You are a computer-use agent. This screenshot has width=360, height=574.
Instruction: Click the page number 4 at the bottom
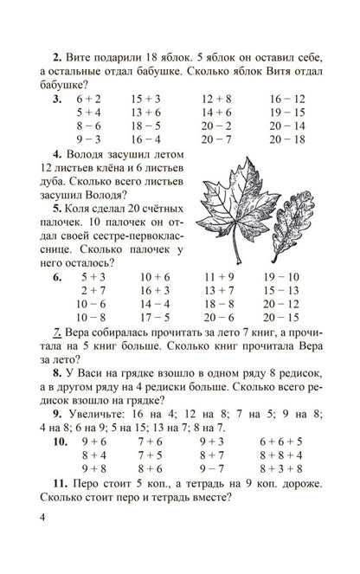32,543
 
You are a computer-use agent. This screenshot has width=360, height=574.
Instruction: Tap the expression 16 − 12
286,99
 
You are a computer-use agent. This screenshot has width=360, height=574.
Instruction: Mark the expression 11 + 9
220,277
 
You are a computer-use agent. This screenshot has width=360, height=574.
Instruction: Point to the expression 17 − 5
155,317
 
